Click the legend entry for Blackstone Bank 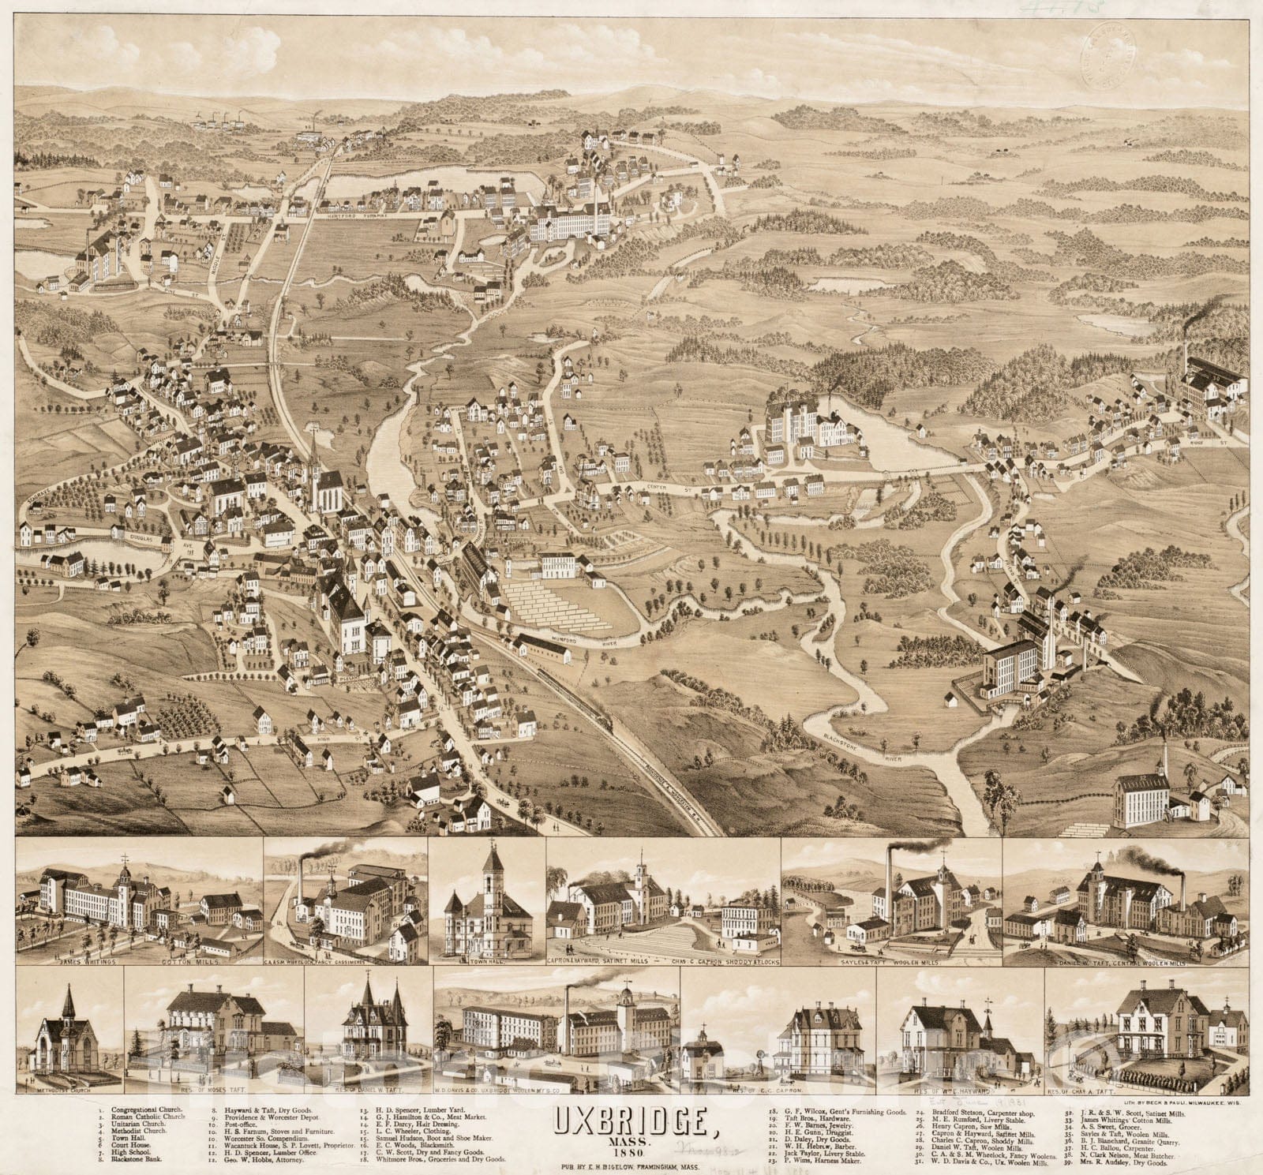142,1162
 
